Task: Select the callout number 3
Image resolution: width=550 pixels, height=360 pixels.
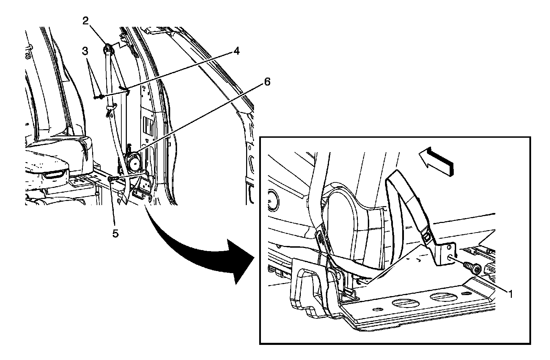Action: pyautogui.click(x=85, y=52)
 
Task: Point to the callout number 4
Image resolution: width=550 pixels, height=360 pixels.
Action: pyautogui.click(x=236, y=51)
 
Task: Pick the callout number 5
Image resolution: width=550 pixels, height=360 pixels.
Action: pyautogui.click(x=115, y=233)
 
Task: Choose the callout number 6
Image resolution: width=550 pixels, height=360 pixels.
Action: pyautogui.click(x=267, y=82)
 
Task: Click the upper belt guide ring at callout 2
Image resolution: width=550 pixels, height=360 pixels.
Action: pyautogui.click(x=108, y=48)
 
